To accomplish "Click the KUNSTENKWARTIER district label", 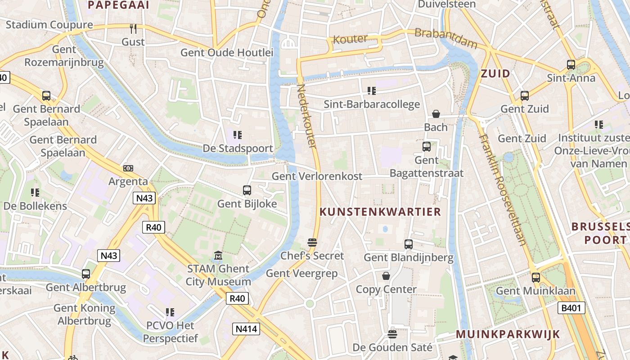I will click(x=380, y=212).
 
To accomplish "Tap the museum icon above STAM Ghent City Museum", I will click(x=218, y=256).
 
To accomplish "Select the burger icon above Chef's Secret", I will click(x=312, y=243).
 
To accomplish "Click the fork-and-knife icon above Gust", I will click(x=133, y=29).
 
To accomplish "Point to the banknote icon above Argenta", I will click(x=128, y=168).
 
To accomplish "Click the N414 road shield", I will click(x=247, y=329).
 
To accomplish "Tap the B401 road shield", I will click(x=571, y=308).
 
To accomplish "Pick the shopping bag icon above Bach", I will click(x=436, y=114).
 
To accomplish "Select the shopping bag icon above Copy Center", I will click(x=386, y=276).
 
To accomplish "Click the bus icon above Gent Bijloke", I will click(x=247, y=190).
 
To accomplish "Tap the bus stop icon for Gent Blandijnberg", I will click(x=408, y=244).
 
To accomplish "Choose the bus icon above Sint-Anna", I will click(x=571, y=65).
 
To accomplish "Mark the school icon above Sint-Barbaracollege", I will click(x=371, y=91).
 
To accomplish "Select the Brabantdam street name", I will click(x=445, y=38).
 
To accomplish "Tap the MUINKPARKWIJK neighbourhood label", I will click(x=508, y=334).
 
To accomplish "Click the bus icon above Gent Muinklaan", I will click(x=535, y=278).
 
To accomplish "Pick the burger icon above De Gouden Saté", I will click(x=392, y=334).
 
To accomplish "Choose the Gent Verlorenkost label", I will click(x=317, y=176).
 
